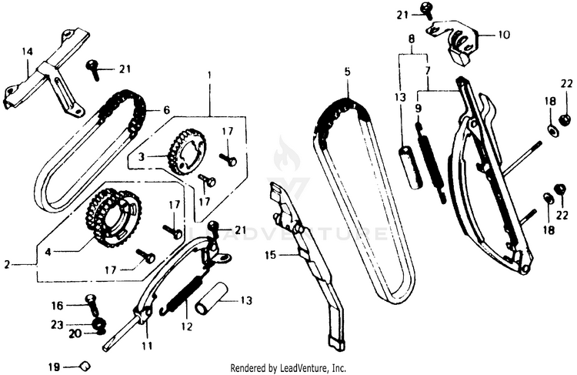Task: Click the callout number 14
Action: [x=28, y=52]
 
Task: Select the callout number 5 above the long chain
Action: [x=347, y=72]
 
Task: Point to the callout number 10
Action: [x=504, y=35]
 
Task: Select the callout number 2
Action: [x=7, y=264]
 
